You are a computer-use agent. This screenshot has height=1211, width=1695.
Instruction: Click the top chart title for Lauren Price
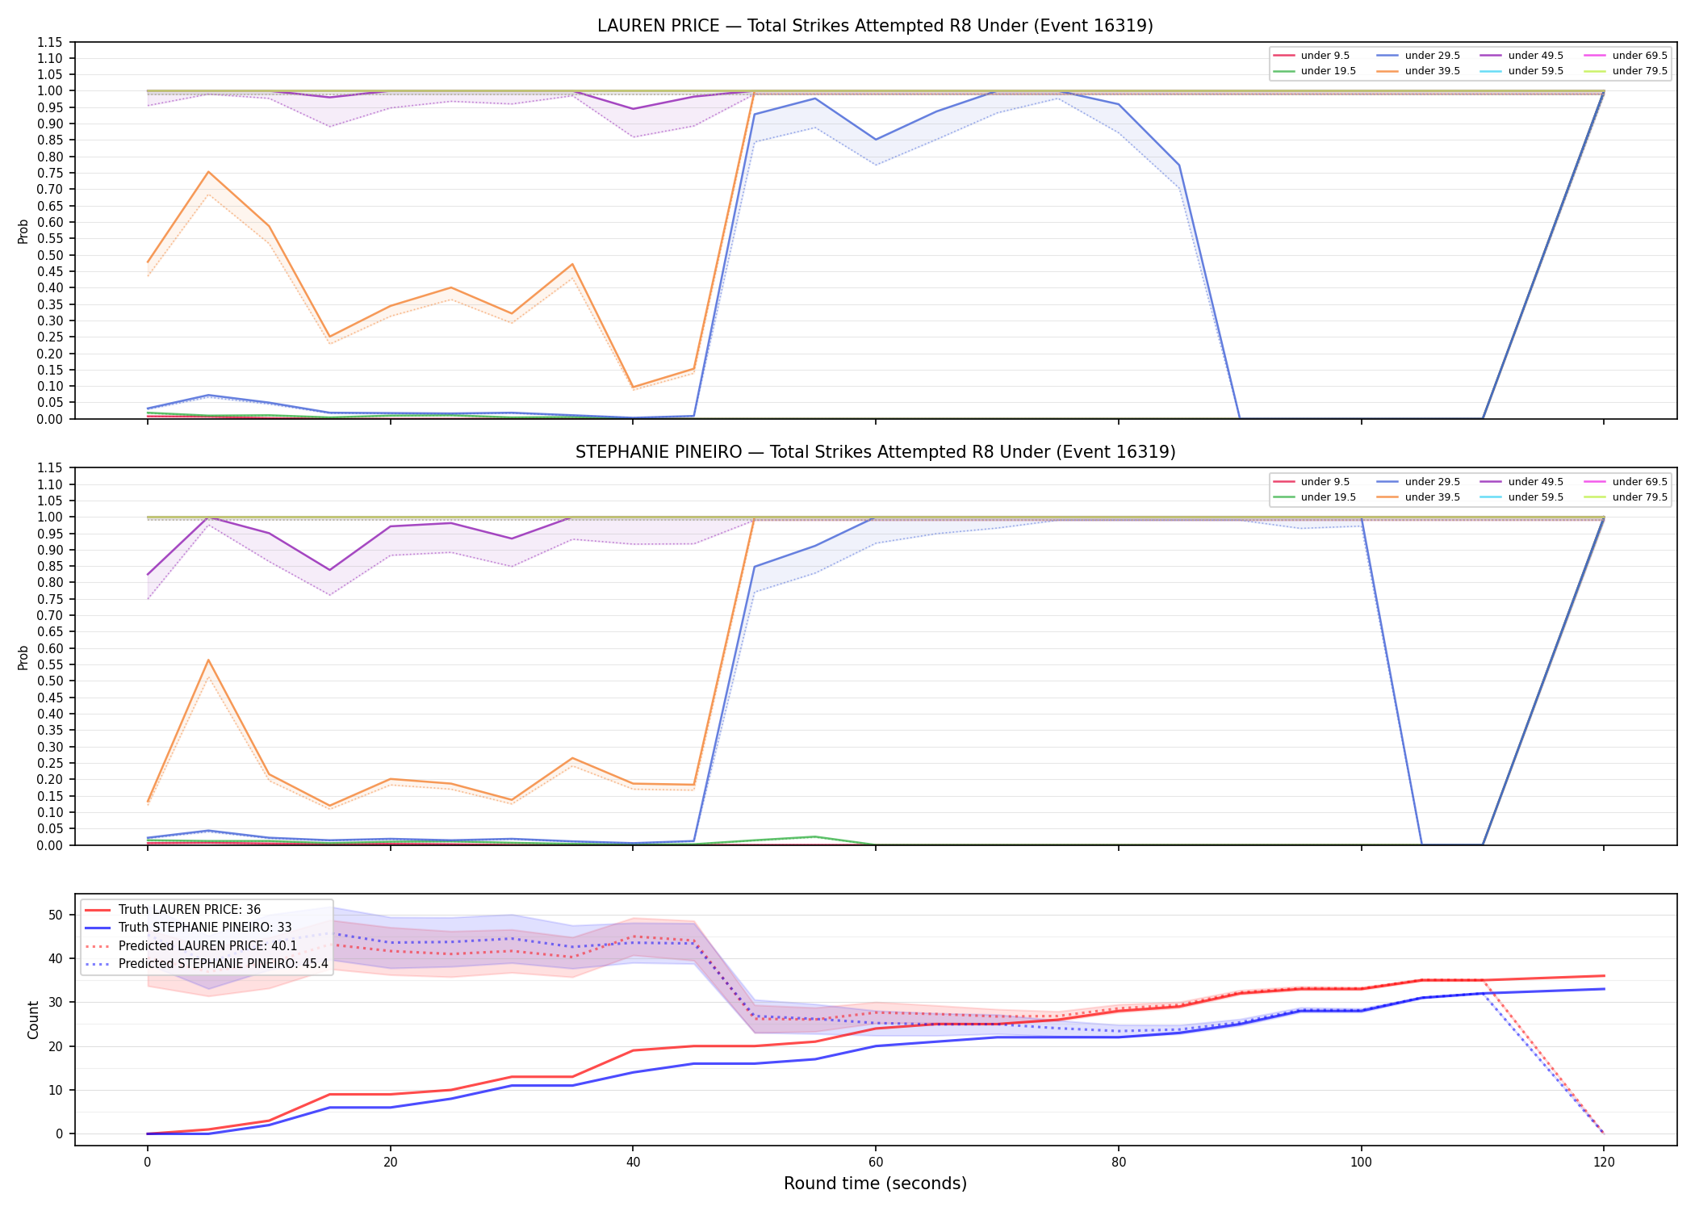pos(875,26)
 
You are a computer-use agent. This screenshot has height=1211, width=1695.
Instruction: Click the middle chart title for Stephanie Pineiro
pos(875,452)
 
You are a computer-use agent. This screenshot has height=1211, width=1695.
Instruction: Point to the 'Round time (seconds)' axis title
pos(875,1184)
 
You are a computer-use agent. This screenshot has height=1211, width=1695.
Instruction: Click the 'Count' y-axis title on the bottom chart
pos(33,1020)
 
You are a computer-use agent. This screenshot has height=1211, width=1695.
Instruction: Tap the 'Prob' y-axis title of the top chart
pos(23,231)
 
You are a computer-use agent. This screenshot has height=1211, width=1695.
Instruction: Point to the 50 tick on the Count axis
pos(56,915)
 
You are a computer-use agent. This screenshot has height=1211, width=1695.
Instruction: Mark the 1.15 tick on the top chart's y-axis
pos(51,42)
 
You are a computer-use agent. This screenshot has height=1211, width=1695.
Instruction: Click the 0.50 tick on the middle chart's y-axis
pos(51,681)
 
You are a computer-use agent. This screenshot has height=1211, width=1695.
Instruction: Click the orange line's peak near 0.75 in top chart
pos(208,172)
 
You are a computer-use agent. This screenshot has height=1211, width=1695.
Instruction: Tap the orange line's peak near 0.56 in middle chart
pos(208,660)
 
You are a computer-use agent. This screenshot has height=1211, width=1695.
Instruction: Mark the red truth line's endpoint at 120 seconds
pos(1604,976)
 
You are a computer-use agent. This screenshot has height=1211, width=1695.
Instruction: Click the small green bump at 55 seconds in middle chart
pos(814,836)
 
